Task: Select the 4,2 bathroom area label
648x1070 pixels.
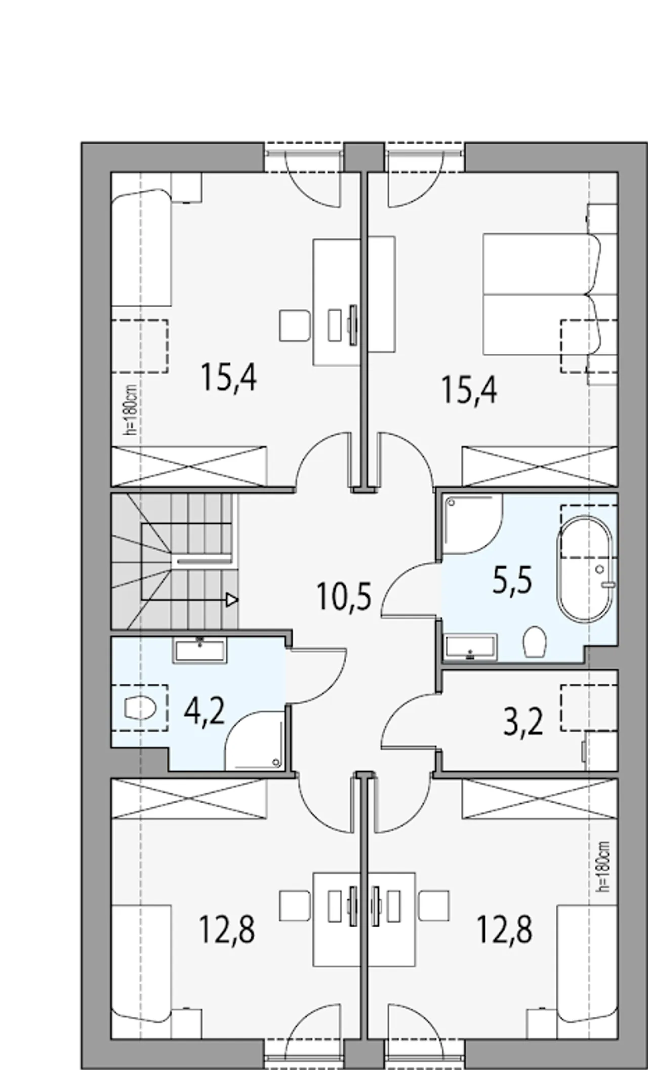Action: (x=204, y=712)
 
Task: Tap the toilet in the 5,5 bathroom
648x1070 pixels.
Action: (x=534, y=642)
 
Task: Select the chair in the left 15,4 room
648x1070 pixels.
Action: (x=294, y=325)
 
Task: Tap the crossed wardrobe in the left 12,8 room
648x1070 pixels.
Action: (x=188, y=799)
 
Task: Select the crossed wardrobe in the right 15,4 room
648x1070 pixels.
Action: (x=540, y=466)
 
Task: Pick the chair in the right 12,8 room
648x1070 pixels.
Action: (x=434, y=907)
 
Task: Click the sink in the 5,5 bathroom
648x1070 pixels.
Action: (x=470, y=648)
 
